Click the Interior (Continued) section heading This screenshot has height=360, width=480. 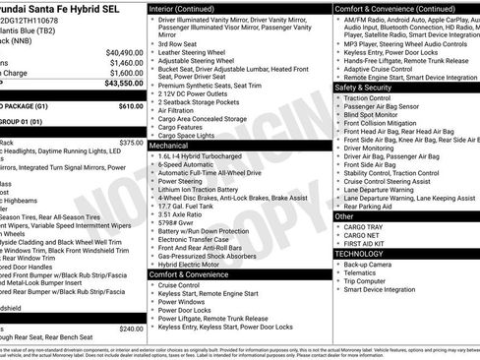(x=187, y=8)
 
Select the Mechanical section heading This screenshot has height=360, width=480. (x=170, y=145)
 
